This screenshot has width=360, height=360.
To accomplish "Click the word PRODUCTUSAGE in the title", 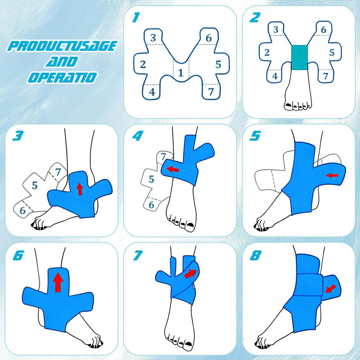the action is (63, 46).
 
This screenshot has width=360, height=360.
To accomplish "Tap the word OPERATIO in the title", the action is (63, 77).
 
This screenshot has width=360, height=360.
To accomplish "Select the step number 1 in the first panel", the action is (136, 17).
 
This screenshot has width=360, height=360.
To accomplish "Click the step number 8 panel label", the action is (255, 255).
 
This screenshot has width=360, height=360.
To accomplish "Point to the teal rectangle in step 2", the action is (299, 58).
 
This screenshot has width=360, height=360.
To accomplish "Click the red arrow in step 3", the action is (80, 189).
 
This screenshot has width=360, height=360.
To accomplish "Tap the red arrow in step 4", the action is (173, 170).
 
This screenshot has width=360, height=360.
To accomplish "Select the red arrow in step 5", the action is (332, 175).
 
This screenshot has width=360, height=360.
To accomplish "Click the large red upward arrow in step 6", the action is (58, 282).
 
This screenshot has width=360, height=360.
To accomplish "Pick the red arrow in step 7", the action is (190, 274).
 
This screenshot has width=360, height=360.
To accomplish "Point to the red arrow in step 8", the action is (330, 288).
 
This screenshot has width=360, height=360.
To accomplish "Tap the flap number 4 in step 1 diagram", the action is (152, 92).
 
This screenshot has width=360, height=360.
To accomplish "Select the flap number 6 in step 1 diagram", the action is (208, 38).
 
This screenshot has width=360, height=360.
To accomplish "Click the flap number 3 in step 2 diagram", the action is (276, 30).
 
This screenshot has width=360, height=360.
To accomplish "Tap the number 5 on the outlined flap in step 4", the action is (151, 179).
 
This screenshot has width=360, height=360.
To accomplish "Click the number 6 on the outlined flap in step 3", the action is (22, 210).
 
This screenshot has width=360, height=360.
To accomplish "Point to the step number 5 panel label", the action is (255, 136).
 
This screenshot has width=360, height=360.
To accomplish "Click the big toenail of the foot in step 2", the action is (288, 105).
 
